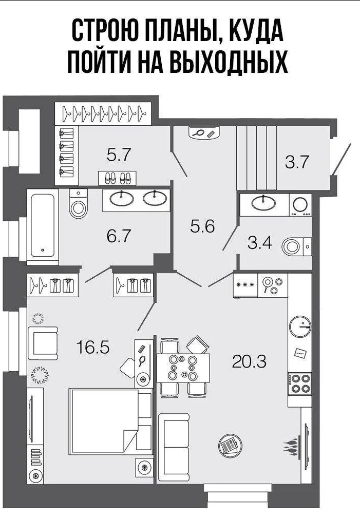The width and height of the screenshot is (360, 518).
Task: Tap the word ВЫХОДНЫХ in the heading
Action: (x=229, y=62)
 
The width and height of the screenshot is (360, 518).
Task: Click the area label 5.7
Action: (x=119, y=155)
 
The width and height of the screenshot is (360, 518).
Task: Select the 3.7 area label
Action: (x=297, y=162)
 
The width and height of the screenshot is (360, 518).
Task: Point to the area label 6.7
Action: (x=119, y=236)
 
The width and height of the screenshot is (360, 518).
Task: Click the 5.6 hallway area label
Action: (x=203, y=226)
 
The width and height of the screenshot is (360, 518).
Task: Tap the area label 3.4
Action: (x=260, y=243)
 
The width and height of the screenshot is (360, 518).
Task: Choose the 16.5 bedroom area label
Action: (x=92, y=347)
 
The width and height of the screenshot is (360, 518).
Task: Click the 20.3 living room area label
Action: (x=249, y=361)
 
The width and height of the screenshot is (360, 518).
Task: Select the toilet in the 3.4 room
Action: (x=296, y=246)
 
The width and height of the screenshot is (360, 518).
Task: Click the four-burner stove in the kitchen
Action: (x=300, y=383)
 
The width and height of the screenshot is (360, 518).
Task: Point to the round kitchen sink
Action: (x=300, y=327)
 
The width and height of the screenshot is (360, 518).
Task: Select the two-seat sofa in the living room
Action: (x=174, y=447)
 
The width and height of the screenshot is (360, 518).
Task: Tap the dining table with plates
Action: (x=183, y=368)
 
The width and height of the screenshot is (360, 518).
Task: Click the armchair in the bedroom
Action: (x=43, y=343)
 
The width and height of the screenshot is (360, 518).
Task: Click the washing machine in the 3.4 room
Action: (x=300, y=205)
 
